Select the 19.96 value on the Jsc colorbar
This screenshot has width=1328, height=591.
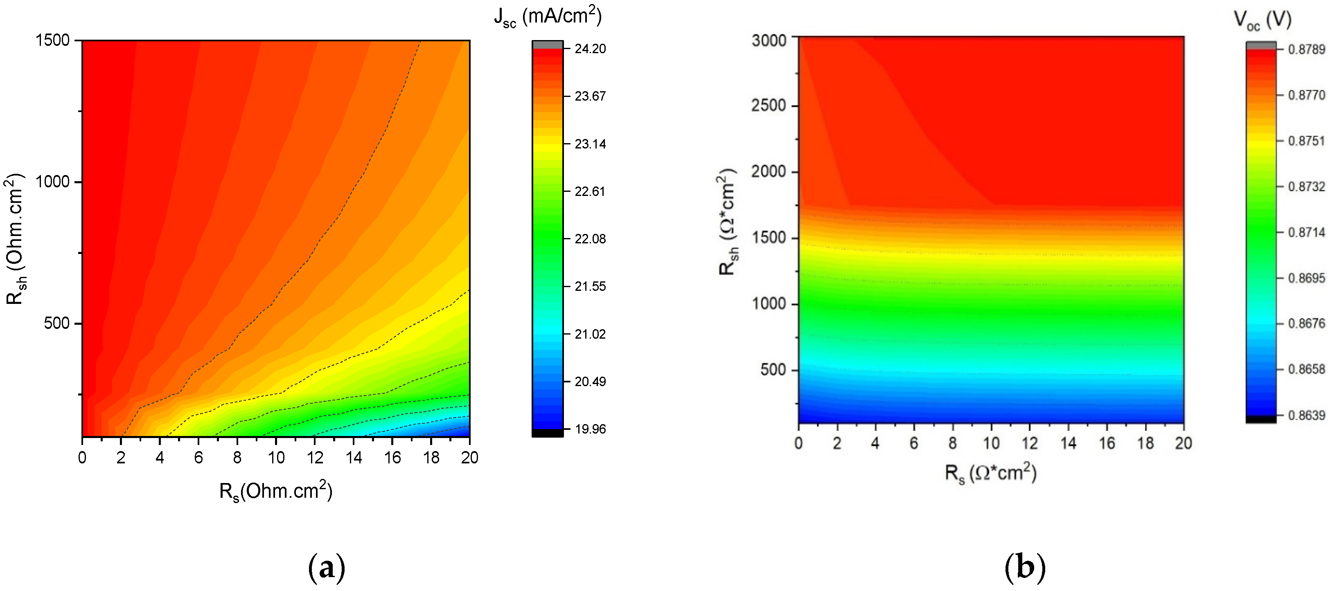(x=590, y=429)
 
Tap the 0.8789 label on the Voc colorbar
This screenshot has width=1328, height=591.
(x=1306, y=49)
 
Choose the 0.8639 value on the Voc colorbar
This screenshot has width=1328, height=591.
(x=1306, y=415)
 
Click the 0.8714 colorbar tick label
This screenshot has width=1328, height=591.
(x=1306, y=232)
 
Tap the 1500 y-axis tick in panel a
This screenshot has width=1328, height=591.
(x=52, y=40)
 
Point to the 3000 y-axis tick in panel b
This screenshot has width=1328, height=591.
(x=769, y=40)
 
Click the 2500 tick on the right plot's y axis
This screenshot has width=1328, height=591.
(x=769, y=106)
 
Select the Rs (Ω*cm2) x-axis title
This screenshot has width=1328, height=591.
(x=990, y=472)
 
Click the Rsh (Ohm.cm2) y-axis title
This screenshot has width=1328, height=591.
(x=16, y=238)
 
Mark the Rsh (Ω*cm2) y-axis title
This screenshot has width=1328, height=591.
(x=728, y=222)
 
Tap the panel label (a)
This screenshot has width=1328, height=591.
(x=326, y=567)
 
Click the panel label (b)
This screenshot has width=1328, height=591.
(x=1025, y=567)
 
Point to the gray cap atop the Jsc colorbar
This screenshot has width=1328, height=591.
(x=548, y=45)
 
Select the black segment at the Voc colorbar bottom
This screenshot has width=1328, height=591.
(x=1261, y=419)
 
